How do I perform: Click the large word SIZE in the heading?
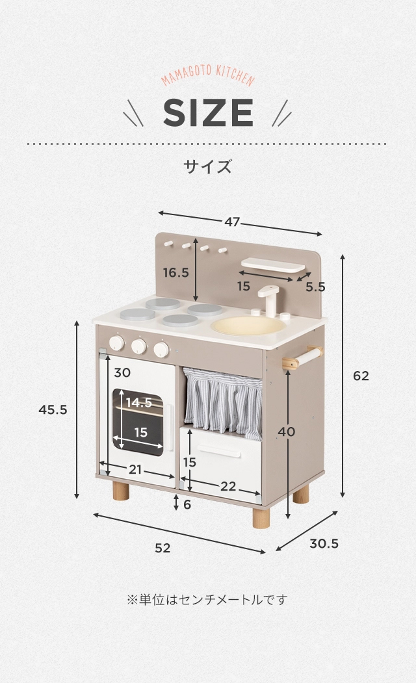208,113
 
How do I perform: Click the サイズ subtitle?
207,166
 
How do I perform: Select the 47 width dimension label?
233,222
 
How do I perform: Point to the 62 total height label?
361,376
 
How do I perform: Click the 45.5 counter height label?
53,409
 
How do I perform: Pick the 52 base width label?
162,548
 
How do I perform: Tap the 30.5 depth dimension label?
324,543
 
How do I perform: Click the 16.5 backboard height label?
175,272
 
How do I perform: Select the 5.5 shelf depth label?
315,287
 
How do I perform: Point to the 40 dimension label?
286,432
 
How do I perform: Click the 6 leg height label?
187,504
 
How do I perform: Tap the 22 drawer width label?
228,486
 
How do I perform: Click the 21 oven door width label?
135,469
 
